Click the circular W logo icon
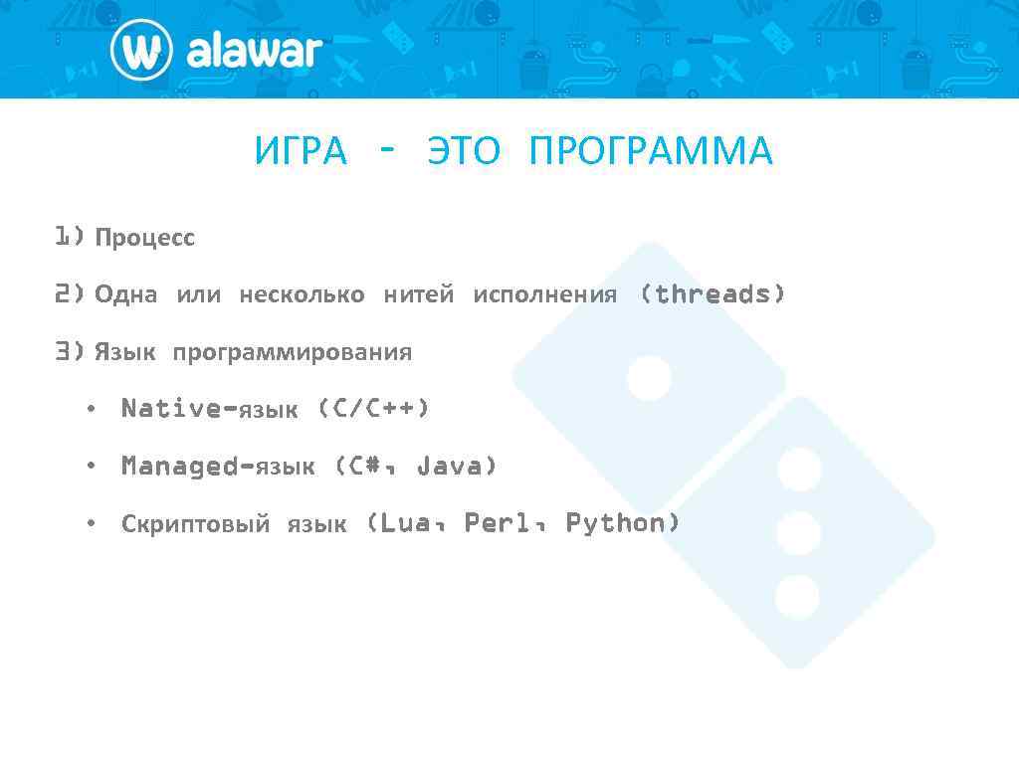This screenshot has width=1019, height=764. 141,50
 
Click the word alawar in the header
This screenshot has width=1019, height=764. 255,51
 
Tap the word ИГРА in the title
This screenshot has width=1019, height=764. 302,152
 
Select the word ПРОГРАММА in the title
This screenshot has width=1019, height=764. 651,152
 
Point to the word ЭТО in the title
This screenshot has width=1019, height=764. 465,152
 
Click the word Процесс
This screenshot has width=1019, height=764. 145,239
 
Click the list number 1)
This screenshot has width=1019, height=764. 70,237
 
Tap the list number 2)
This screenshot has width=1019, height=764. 70,294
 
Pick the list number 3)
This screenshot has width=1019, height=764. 70,352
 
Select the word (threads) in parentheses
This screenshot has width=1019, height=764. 713,294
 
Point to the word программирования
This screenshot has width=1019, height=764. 292,353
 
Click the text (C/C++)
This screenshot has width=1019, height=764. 373,409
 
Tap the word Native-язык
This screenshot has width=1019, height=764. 209,409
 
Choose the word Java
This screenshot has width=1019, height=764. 456,466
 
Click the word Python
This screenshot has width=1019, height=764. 623,523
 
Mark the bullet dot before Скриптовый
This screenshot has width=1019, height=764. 91,524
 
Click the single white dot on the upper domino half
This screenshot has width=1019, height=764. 649,378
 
